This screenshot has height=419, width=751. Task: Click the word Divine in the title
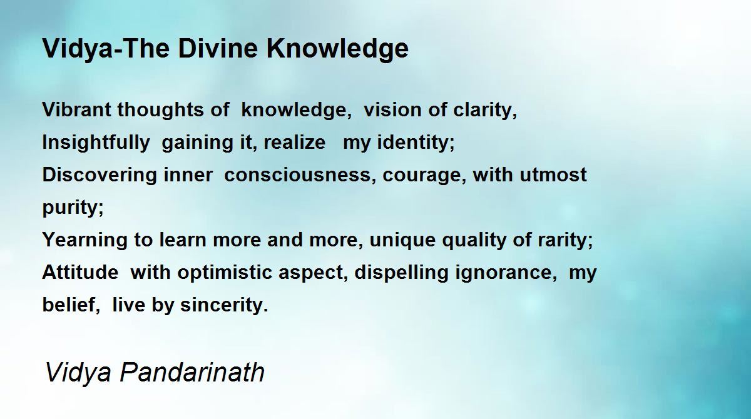click(x=218, y=48)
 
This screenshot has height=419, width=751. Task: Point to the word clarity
click(x=485, y=111)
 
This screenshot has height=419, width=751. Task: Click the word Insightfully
click(x=96, y=143)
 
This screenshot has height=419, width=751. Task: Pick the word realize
click(x=294, y=142)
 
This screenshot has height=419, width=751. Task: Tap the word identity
click(x=416, y=143)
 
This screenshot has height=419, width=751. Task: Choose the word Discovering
click(x=100, y=176)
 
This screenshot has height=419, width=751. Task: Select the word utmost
click(x=553, y=175)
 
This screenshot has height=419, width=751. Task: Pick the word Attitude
click(x=80, y=272)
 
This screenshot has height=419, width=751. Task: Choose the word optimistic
click(x=225, y=273)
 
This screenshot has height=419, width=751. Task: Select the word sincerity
click(x=224, y=305)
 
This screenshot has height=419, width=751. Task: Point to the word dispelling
click(x=401, y=273)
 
